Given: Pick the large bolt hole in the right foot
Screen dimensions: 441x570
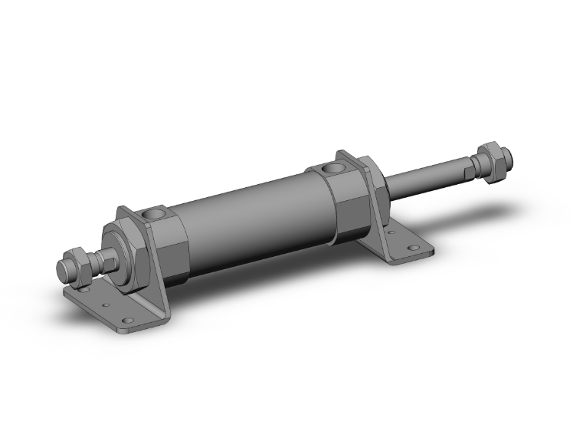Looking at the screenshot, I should coord(414,248).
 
